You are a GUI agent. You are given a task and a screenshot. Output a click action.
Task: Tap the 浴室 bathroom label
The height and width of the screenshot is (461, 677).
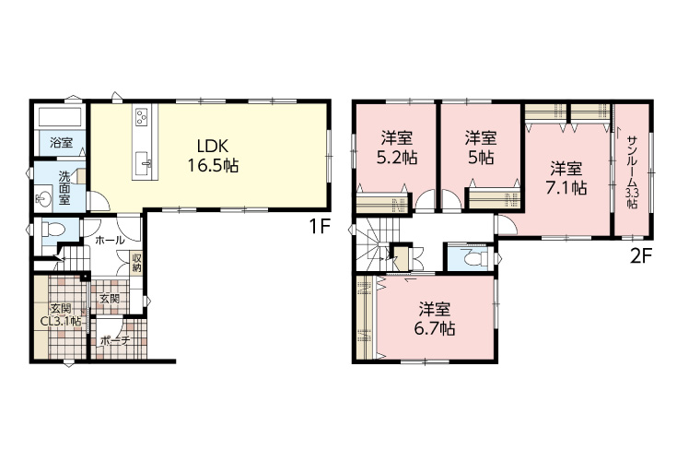tap(61, 142)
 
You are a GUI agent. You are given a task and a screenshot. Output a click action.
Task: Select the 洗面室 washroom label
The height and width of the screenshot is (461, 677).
tap(64, 188)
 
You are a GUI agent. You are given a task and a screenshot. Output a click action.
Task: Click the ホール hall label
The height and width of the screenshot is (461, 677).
tap(110, 241)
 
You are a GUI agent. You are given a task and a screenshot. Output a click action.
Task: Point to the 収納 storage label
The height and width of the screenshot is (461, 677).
tap(137, 263)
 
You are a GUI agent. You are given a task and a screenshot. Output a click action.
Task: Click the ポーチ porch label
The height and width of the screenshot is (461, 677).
tap(115, 341)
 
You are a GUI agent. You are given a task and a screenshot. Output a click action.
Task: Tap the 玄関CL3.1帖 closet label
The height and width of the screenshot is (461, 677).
tap(61, 315)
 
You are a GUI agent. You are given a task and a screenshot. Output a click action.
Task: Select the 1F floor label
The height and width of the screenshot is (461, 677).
tap(320, 227)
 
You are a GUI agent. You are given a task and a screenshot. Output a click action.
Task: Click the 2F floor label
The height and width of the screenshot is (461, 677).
tap(640, 257)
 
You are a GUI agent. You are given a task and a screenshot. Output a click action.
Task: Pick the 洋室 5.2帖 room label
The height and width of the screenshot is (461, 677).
tap(396, 148)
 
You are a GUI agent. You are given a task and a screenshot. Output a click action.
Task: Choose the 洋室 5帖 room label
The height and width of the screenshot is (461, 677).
tap(481, 148)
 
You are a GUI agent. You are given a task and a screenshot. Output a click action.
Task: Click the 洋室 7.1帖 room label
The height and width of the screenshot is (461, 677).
tap(566, 178)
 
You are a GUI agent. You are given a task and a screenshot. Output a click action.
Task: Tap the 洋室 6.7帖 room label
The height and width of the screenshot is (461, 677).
tap(435, 319)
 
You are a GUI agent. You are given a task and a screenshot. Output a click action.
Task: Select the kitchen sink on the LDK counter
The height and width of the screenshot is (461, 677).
tap(144, 162)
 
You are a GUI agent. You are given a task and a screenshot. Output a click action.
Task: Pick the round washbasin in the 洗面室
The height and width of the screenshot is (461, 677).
tap(43, 199)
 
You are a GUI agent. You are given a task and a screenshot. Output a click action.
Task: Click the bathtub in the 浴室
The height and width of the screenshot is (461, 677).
tap(60, 116)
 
